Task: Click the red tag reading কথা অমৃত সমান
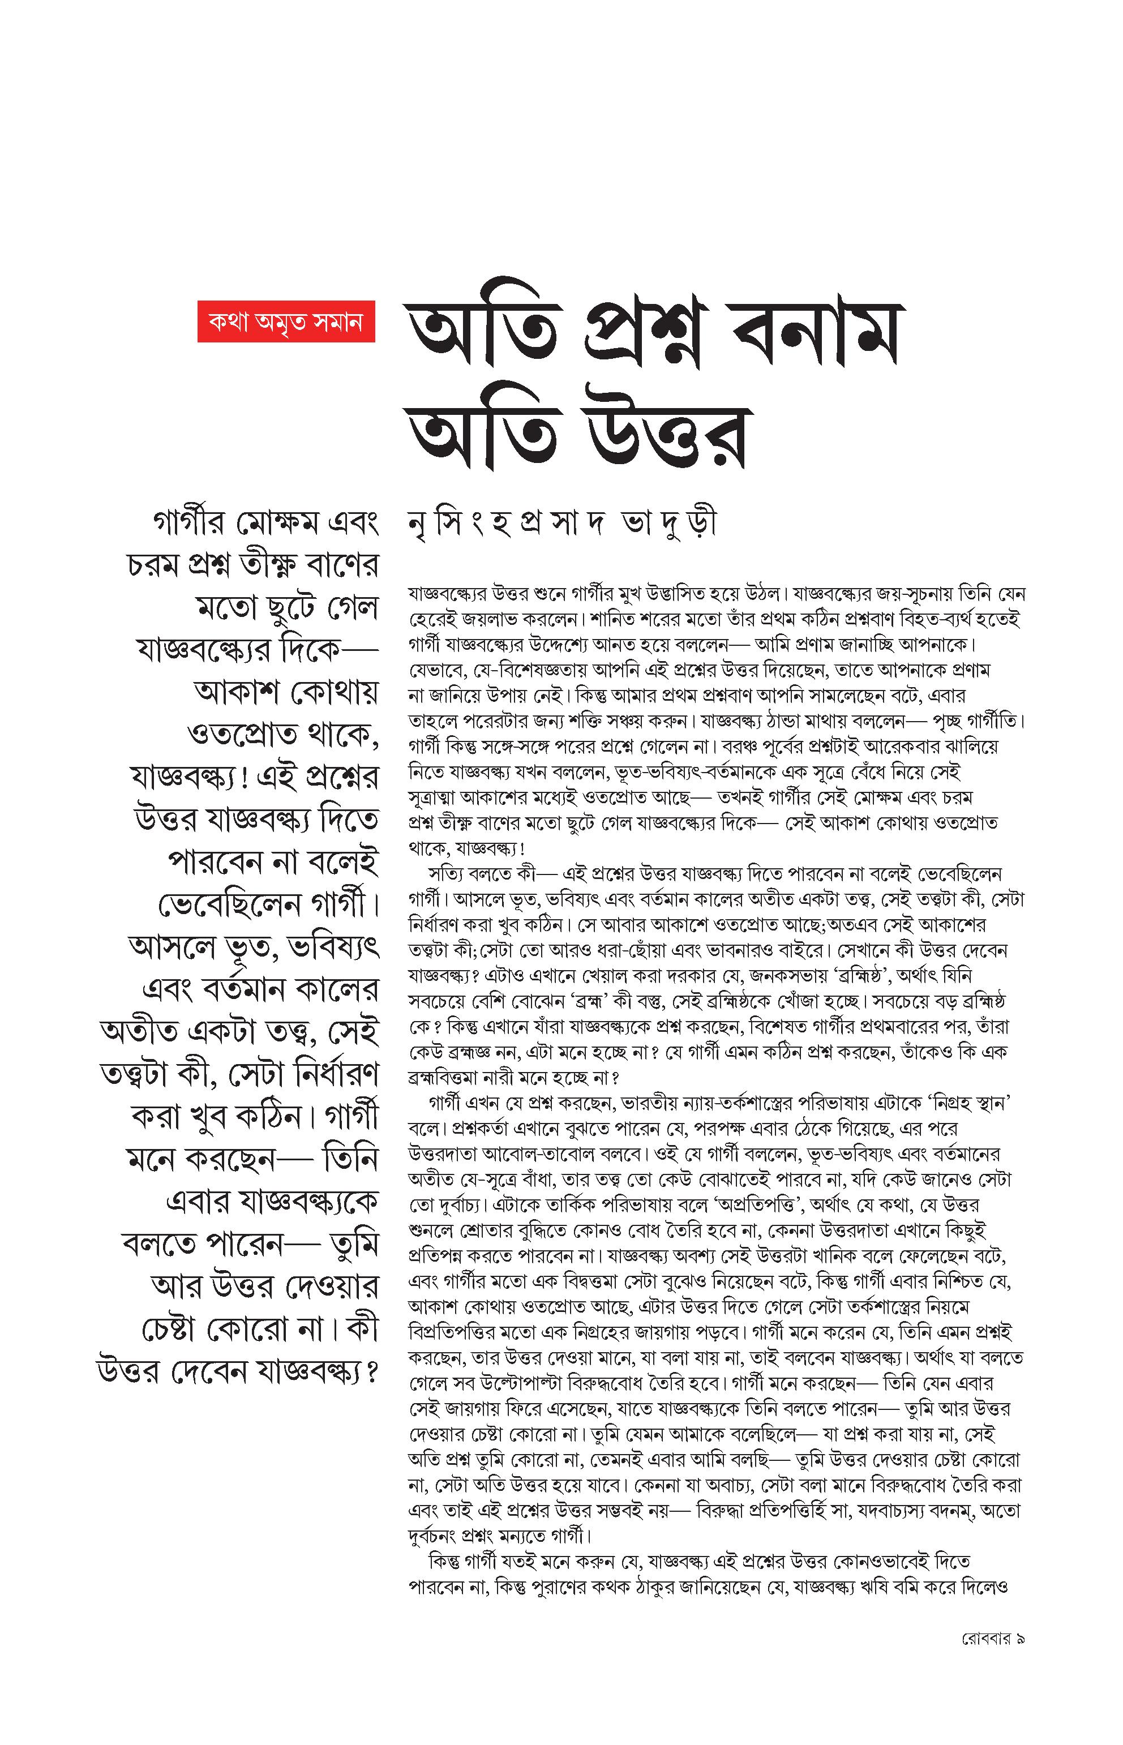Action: click(x=286, y=321)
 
